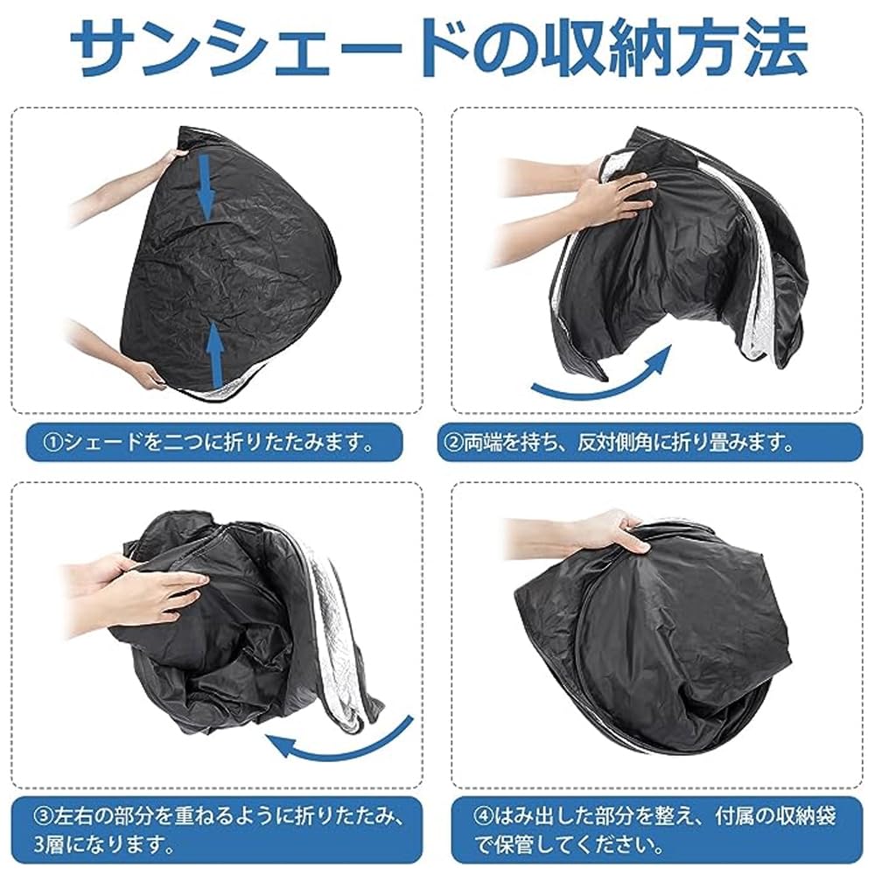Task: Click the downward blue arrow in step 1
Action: pyautogui.click(x=206, y=187)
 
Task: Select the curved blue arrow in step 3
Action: pyautogui.click(x=340, y=742)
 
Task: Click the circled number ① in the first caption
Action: pyautogui.click(x=52, y=443)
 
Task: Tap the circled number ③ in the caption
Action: pyautogui.click(x=44, y=816)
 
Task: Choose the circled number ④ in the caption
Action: pyautogui.click(x=483, y=816)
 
